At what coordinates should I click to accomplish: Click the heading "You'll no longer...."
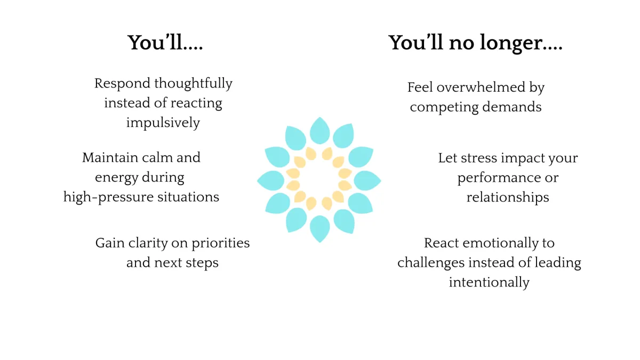pyautogui.click(x=475, y=43)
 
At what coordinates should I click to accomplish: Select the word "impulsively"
pyautogui.click(x=163, y=123)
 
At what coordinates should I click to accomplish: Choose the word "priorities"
pyautogui.click(x=220, y=243)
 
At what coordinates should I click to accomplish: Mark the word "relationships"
pyautogui.click(x=508, y=197)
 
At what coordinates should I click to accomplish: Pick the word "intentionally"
pyautogui.click(x=489, y=282)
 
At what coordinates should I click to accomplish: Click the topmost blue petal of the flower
pyautogui.click(x=319, y=130)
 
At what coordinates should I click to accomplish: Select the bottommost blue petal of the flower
pyautogui.click(x=319, y=229)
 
